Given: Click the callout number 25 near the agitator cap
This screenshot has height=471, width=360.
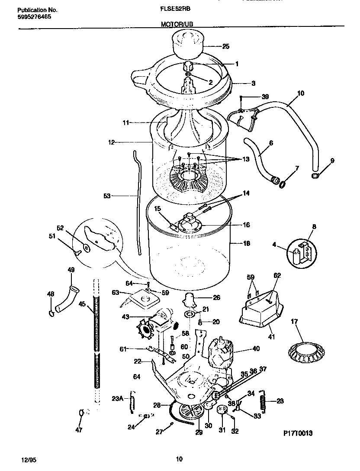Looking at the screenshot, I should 225,47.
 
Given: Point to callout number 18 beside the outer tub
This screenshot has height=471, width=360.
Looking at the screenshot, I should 246,244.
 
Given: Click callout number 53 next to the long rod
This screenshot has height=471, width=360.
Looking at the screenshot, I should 107,196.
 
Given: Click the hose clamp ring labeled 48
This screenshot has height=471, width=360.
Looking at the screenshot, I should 51,312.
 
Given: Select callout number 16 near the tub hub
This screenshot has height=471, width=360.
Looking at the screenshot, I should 246,225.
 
